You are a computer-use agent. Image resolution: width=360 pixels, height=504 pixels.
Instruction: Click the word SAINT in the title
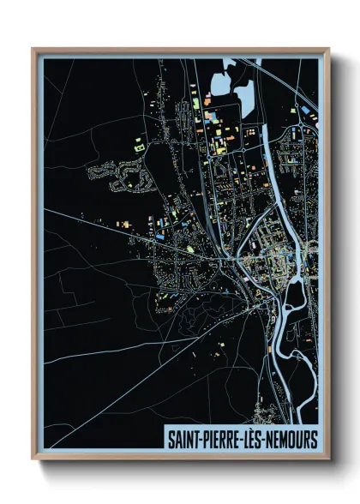click(182, 439)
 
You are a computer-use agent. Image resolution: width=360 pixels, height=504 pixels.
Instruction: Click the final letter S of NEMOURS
click(314, 439)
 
